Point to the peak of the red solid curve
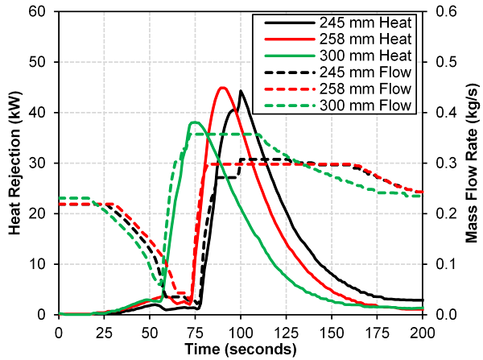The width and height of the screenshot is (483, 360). (x=222, y=88)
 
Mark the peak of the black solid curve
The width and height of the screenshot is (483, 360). (x=240, y=91)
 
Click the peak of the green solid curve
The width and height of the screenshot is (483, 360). (x=193, y=122)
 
